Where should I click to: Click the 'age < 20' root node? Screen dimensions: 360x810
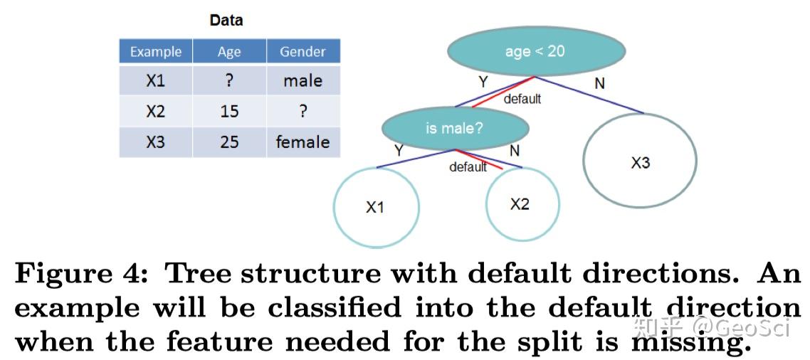pyautogui.click(x=536, y=51)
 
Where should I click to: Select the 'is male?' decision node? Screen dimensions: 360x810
pyautogui.click(x=455, y=128)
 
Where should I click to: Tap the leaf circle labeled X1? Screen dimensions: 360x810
pyautogui.click(x=376, y=206)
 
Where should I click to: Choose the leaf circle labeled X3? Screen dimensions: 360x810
pyautogui.click(x=640, y=163)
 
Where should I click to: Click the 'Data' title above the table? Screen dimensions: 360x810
pyautogui.click(x=226, y=20)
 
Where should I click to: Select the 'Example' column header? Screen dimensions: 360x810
pyautogui.click(x=156, y=52)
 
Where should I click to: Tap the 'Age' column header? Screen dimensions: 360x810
pyautogui.click(x=229, y=52)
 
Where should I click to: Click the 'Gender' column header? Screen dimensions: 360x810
pyautogui.click(x=303, y=52)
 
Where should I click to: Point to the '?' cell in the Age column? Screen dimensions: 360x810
pyautogui.click(x=229, y=81)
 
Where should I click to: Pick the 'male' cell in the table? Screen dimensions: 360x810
pyautogui.click(x=303, y=81)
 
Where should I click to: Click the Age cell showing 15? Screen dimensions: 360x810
pyautogui.click(x=229, y=112)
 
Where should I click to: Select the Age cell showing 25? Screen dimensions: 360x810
pyautogui.click(x=229, y=142)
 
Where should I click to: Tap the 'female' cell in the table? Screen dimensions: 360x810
pyautogui.click(x=303, y=142)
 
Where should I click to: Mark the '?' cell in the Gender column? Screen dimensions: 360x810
pyautogui.click(x=303, y=112)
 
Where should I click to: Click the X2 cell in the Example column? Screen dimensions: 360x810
pyautogui.click(x=156, y=112)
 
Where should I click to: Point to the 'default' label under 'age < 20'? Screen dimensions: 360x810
pyautogui.click(x=522, y=99)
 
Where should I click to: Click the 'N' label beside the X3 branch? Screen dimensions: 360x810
pyautogui.click(x=599, y=84)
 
